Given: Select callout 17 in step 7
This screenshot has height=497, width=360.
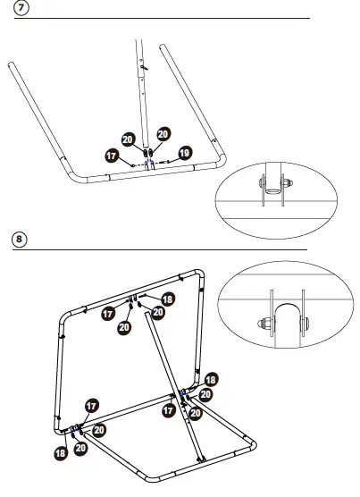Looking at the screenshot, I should (x=113, y=156).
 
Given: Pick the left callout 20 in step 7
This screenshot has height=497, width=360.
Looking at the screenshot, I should (x=128, y=139).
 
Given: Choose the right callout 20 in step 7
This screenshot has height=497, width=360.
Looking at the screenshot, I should (x=163, y=134).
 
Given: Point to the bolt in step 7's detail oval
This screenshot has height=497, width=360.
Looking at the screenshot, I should (x=267, y=186).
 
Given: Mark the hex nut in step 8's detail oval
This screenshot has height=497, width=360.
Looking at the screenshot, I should (x=266, y=324).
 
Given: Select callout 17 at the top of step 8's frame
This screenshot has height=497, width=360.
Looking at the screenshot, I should (x=107, y=314).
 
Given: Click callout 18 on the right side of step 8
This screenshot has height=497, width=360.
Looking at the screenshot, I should (x=212, y=380).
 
